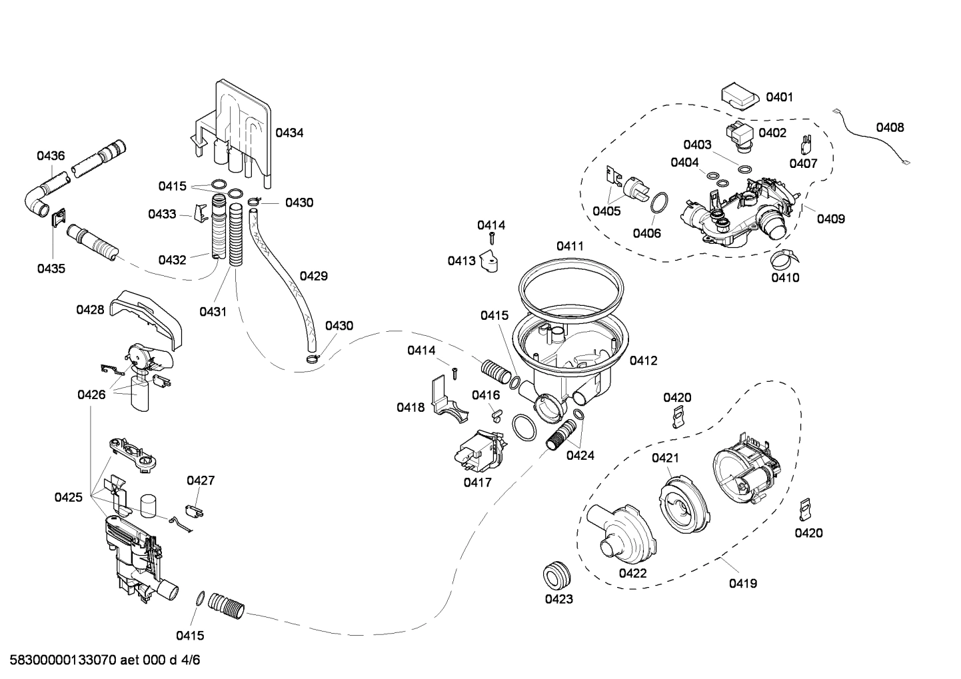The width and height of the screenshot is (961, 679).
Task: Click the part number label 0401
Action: click(779, 97)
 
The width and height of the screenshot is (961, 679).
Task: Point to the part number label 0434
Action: click(289, 133)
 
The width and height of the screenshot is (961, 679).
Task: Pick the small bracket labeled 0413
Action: click(492, 262)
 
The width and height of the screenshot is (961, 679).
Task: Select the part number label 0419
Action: click(742, 584)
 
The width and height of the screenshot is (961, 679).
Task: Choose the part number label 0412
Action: click(643, 360)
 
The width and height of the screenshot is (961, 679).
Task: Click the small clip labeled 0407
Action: click(804, 143)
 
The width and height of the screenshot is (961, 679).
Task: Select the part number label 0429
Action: click(313, 276)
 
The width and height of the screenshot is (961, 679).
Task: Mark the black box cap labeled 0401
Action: click(740, 95)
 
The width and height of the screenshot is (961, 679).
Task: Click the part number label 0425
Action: click(69, 497)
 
